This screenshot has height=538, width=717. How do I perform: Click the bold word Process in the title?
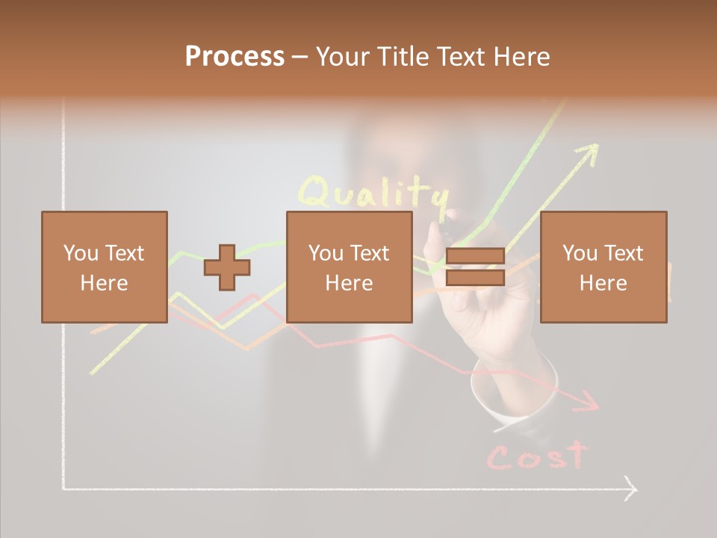235,57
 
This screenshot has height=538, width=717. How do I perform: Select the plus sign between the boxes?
227,267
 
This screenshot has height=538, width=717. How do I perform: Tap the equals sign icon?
475,267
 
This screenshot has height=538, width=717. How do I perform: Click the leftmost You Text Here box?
105,267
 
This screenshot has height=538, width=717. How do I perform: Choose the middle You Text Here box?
349,267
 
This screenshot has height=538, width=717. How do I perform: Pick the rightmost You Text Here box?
603,267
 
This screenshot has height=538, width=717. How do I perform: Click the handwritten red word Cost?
536,456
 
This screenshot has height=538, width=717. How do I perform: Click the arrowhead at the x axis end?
631,489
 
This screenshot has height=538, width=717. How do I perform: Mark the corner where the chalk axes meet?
64,489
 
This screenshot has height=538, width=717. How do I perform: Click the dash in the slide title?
299,58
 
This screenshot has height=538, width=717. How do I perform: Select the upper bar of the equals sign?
475,256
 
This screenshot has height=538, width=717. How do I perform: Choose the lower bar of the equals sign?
475,277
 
